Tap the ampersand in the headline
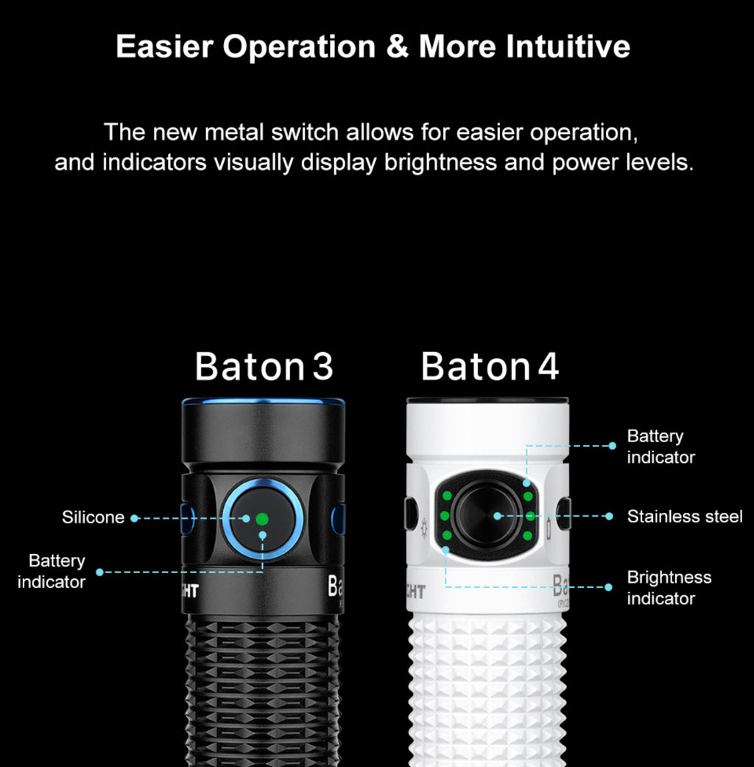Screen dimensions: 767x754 click(397, 46)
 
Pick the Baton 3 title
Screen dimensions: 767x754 click(264, 366)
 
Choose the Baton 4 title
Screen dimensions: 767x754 click(490, 366)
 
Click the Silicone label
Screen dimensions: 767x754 click(93, 518)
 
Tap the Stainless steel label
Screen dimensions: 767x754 click(684, 516)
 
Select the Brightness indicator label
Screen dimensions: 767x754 click(669, 587)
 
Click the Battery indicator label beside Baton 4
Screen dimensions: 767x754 click(660, 446)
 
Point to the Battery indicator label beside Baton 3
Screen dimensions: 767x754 click(52, 571)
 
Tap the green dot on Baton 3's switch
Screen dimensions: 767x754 click(261, 519)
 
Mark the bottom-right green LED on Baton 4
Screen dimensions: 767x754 click(529, 534)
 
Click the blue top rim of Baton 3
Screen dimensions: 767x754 click(263, 402)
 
